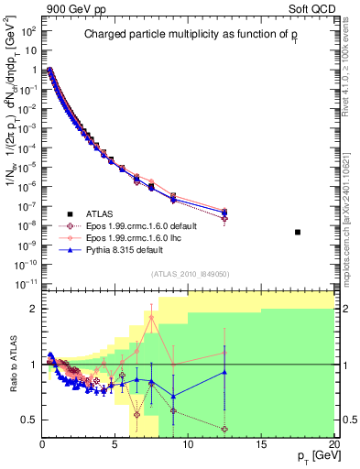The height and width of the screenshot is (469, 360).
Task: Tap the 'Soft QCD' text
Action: (x=310, y=8)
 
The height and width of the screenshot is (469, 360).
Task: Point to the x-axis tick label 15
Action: (x=261, y=444)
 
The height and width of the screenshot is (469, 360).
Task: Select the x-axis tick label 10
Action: (x=188, y=444)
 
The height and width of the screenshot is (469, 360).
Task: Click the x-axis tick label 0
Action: (x=42, y=444)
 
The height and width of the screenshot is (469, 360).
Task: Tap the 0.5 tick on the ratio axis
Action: (x=27, y=420)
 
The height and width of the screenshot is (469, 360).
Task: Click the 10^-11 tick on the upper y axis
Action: (x=25, y=284)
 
